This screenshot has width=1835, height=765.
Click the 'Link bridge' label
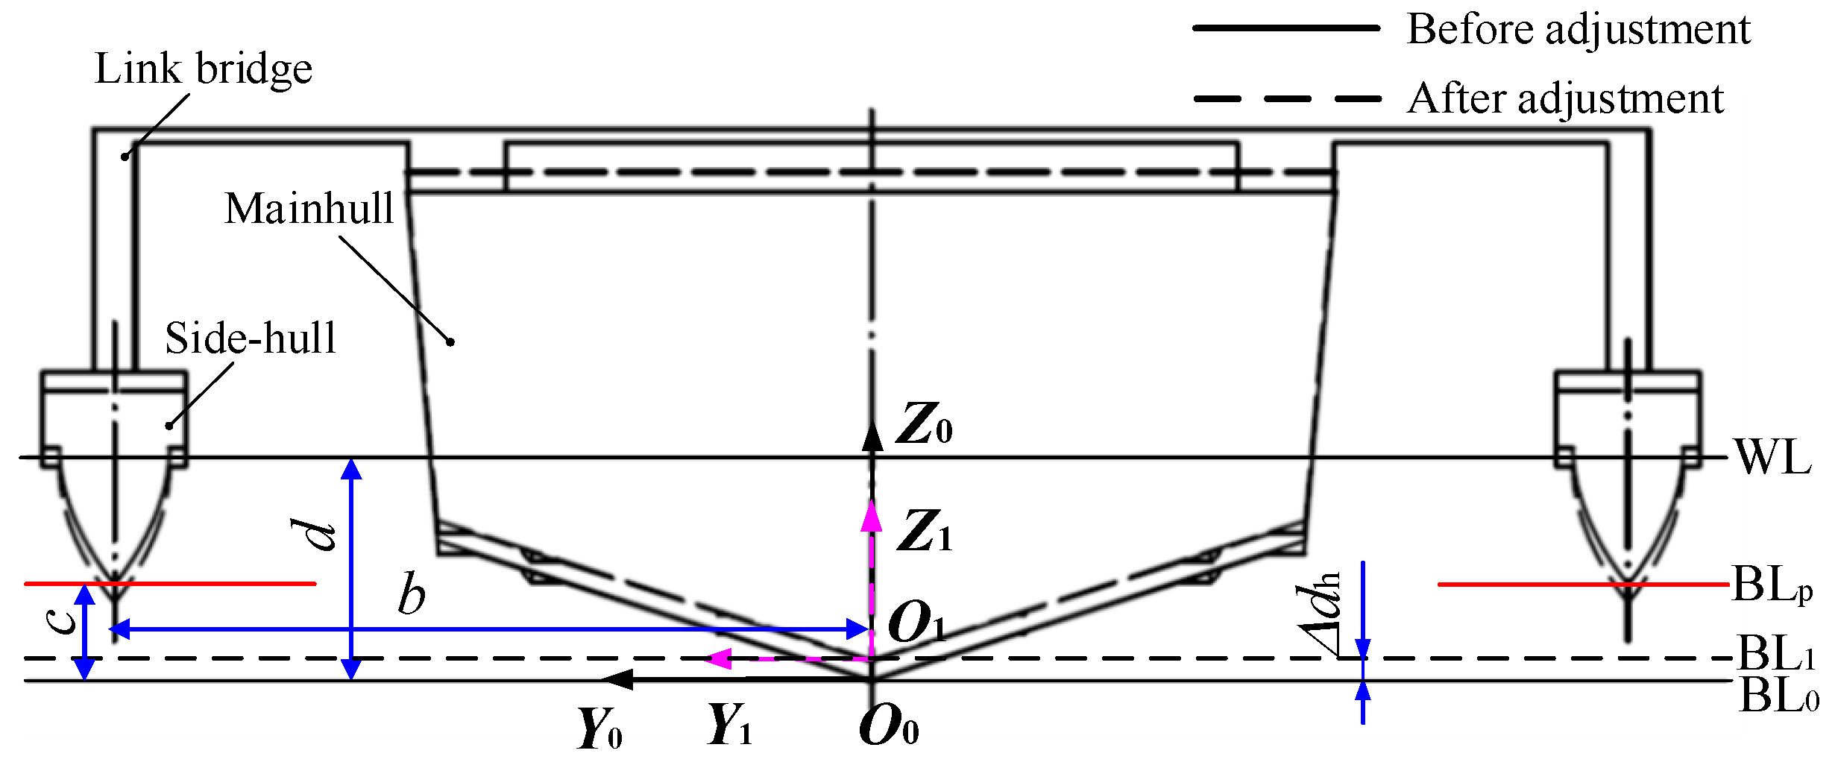click(x=203, y=69)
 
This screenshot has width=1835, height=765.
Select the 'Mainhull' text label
click(x=309, y=208)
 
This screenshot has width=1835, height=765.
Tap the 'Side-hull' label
click(x=251, y=338)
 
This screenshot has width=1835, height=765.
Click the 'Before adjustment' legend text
click(x=1578, y=30)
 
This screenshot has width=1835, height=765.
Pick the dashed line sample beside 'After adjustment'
click(x=1286, y=98)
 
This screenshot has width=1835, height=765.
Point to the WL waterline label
click(x=1773, y=456)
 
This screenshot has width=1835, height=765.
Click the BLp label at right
click(x=1772, y=585)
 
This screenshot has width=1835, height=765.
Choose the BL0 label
click(x=1778, y=697)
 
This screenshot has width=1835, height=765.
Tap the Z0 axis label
click(x=924, y=424)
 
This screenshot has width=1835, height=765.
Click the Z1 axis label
click(x=924, y=531)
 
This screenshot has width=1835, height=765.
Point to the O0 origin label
click(x=888, y=725)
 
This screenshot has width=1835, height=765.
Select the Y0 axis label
click(x=599, y=728)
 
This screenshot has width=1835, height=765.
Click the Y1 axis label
click(x=729, y=724)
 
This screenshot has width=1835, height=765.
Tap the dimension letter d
click(x=314, y=534)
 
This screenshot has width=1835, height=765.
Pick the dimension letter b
click(x=412, y=594)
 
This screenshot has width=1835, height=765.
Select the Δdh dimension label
click(x=1320, y=614)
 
